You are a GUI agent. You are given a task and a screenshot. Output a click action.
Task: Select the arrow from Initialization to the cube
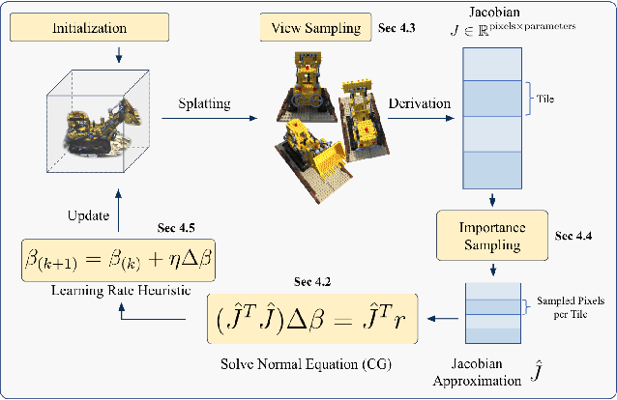click(116, 54)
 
